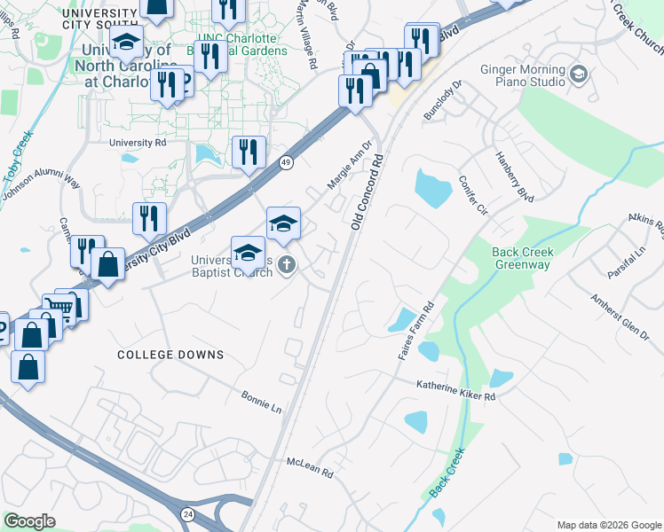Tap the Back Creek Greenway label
coord(523,258)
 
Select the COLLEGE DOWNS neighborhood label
coord(170,355)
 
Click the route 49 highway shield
coord(285,162)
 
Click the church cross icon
coord(286,264)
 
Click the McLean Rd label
coord(309,468)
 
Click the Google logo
coord(28,521)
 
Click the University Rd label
coord(138,142)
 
